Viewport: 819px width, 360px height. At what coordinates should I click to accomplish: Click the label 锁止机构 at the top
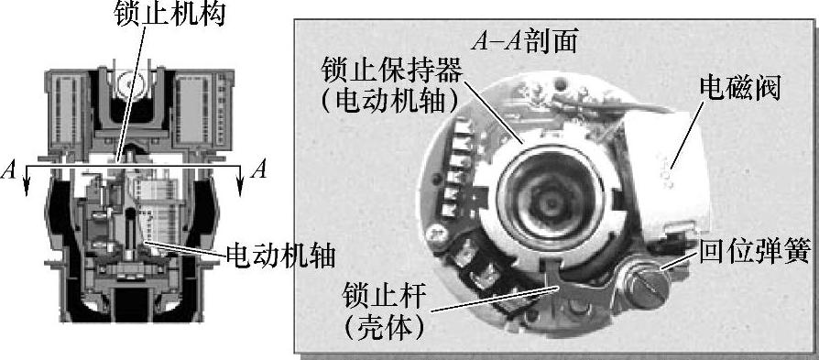click(x=170, y=14)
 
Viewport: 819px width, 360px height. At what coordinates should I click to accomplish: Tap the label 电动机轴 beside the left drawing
click(x=281, y=256)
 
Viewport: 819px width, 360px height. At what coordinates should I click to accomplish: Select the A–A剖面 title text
click(x=524, y=42)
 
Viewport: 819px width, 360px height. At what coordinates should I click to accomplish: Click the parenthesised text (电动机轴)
click(x=389, y=102)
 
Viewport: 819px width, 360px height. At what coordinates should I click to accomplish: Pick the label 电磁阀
click(x=739, y=89)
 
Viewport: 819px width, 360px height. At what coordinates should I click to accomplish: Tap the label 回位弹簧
click(x=754, y=254)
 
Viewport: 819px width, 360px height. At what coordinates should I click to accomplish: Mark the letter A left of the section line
click(x=9, y=170)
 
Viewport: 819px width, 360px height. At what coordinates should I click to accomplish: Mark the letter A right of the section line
click(x=258, y=169)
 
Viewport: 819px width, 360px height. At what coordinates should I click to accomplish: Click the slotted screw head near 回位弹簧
click(x=648, y=285)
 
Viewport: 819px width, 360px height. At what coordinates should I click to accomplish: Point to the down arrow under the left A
click(x=27, y=181)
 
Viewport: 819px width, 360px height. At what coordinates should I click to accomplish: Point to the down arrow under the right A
click(x=240, y=181)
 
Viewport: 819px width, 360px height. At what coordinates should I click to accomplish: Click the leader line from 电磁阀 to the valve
click(x=688, y=136)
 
